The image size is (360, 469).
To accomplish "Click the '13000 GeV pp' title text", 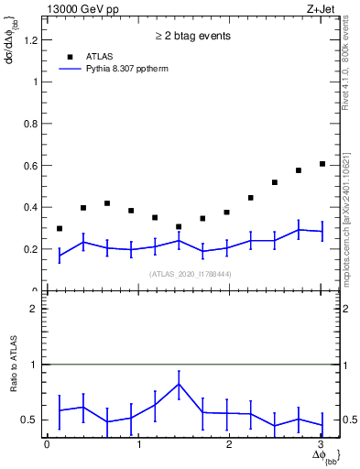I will [82, 9].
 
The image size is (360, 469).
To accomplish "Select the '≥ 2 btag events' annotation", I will [192, 36].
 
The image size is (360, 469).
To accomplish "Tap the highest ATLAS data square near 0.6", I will [322, 164].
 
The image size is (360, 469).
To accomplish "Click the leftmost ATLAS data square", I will [60, 228].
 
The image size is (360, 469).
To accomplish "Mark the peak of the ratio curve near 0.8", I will [180, 384].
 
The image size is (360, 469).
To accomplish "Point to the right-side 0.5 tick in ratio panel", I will [341, 420].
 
